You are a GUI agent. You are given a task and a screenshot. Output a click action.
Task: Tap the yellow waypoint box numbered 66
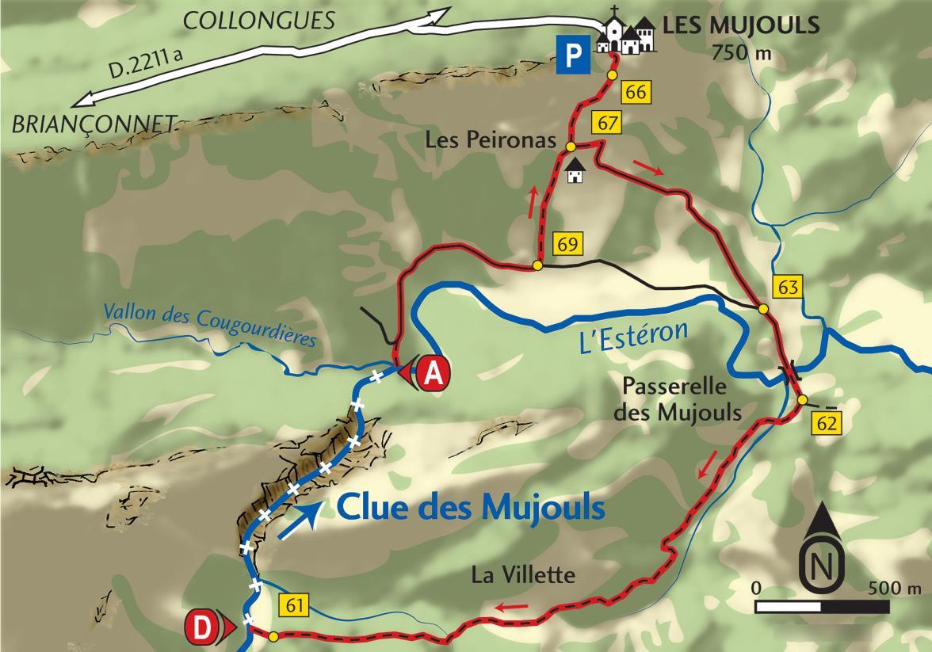pyautogui.click(x=636, y=92)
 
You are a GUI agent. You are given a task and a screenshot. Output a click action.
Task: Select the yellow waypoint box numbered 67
pyautogui.click(x=606, y=124)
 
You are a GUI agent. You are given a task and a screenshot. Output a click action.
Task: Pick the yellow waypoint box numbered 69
pyautogui.click(x=567, y=244)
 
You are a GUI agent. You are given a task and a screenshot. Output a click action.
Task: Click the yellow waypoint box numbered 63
pyautogui.click(x=789, y=287)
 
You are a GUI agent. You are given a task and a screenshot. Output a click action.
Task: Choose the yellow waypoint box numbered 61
pyautogui.click(x=293, y=607)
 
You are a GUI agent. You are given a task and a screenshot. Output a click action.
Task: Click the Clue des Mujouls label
pyautogui.click(x=471, y=508)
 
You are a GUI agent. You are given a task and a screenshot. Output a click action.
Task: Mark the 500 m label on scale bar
pyautogui.click(x=895, y=589)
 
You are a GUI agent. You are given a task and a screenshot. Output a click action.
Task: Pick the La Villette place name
pyautogui.click(x=522, y=574)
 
